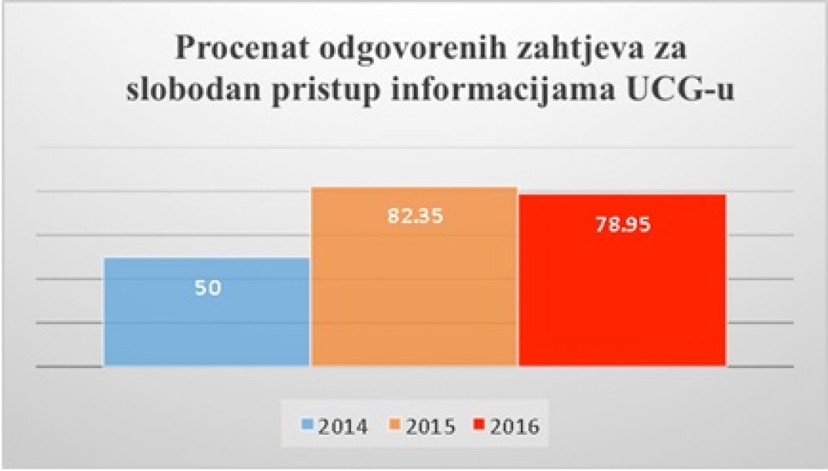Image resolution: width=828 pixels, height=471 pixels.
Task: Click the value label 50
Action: point(208,287)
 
